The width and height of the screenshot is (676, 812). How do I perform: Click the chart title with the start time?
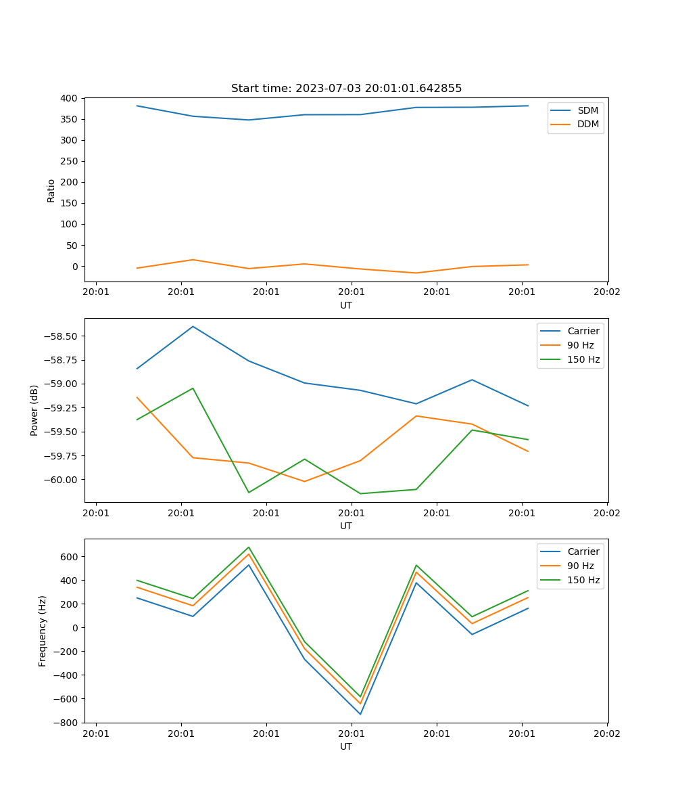pyautogui.click(x=346, y=89)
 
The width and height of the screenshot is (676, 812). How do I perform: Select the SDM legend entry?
pyautogui.click(x=587, y=110)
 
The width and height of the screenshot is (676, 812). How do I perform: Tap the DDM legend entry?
pyautogui.click(x=587, y=125)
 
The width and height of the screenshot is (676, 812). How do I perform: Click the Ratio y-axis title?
pyautogui.click(x=51, y=190)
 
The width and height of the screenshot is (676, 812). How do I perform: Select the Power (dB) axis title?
pyautogui.click(x=34, y=410)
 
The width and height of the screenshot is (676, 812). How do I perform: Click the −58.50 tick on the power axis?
pyautogui.click(x=62, y=336)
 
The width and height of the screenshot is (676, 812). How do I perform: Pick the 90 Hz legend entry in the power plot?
pyautogui.click(x=580, y=345)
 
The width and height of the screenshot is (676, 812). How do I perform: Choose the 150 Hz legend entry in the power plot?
pyautogui.click(x=583, y=359)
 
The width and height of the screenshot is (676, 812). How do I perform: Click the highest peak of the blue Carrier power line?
pyautogui.click(x=193, y=326)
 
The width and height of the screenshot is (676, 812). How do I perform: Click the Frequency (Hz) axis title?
pyautogui.click(x=43, y=631)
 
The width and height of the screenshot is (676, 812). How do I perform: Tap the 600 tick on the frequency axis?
pyautogui.click(x=70, y=557)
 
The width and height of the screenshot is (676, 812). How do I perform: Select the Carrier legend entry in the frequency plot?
pyautogui.click(x=583, y=551)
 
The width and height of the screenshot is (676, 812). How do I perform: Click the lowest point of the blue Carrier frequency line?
pyautogui.click(x=360, y=714)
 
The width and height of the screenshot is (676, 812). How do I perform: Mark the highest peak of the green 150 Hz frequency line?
pyautogui.click(x=249, y=547)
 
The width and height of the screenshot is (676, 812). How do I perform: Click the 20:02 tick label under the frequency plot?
pyautogui.click(x=606, y=733)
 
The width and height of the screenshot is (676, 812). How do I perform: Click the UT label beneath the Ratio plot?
pyautogui.click(x=346, y=305)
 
